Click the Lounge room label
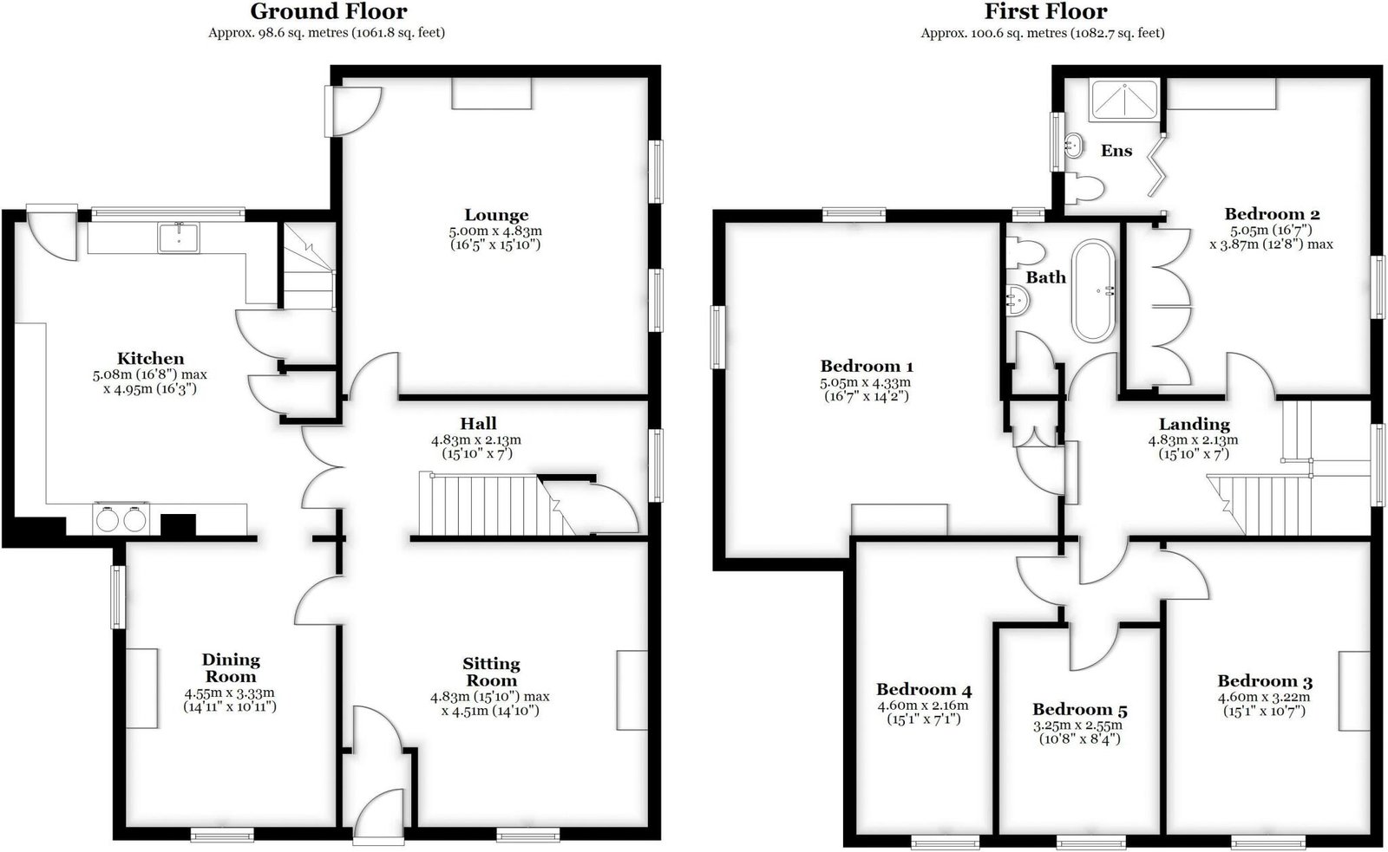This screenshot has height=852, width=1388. coord(496,215)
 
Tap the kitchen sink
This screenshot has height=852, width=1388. coord(179,237)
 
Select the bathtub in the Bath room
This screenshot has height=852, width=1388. coord(1093,290)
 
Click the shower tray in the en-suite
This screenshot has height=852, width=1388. coord(1123,100)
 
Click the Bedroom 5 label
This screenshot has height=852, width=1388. coord(1079,709)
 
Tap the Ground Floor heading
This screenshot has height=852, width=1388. coord(329,11)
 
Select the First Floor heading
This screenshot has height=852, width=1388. coord(1046,11)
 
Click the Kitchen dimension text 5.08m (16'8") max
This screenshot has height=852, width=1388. coord(150,374)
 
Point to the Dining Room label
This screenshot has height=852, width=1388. coord(231,667)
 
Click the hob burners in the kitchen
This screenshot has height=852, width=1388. coord(121,519)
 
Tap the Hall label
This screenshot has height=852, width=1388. coord(478,424)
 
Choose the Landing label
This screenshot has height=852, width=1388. coord(1194,424)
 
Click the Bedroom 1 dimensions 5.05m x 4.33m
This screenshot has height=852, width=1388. coord(866,382)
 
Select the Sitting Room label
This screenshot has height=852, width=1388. coord(491,672)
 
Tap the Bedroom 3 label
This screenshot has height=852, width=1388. coord(1265,681)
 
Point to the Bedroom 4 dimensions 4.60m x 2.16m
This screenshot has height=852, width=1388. coord(923,706)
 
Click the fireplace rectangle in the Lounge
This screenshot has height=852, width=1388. coord(491,93)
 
